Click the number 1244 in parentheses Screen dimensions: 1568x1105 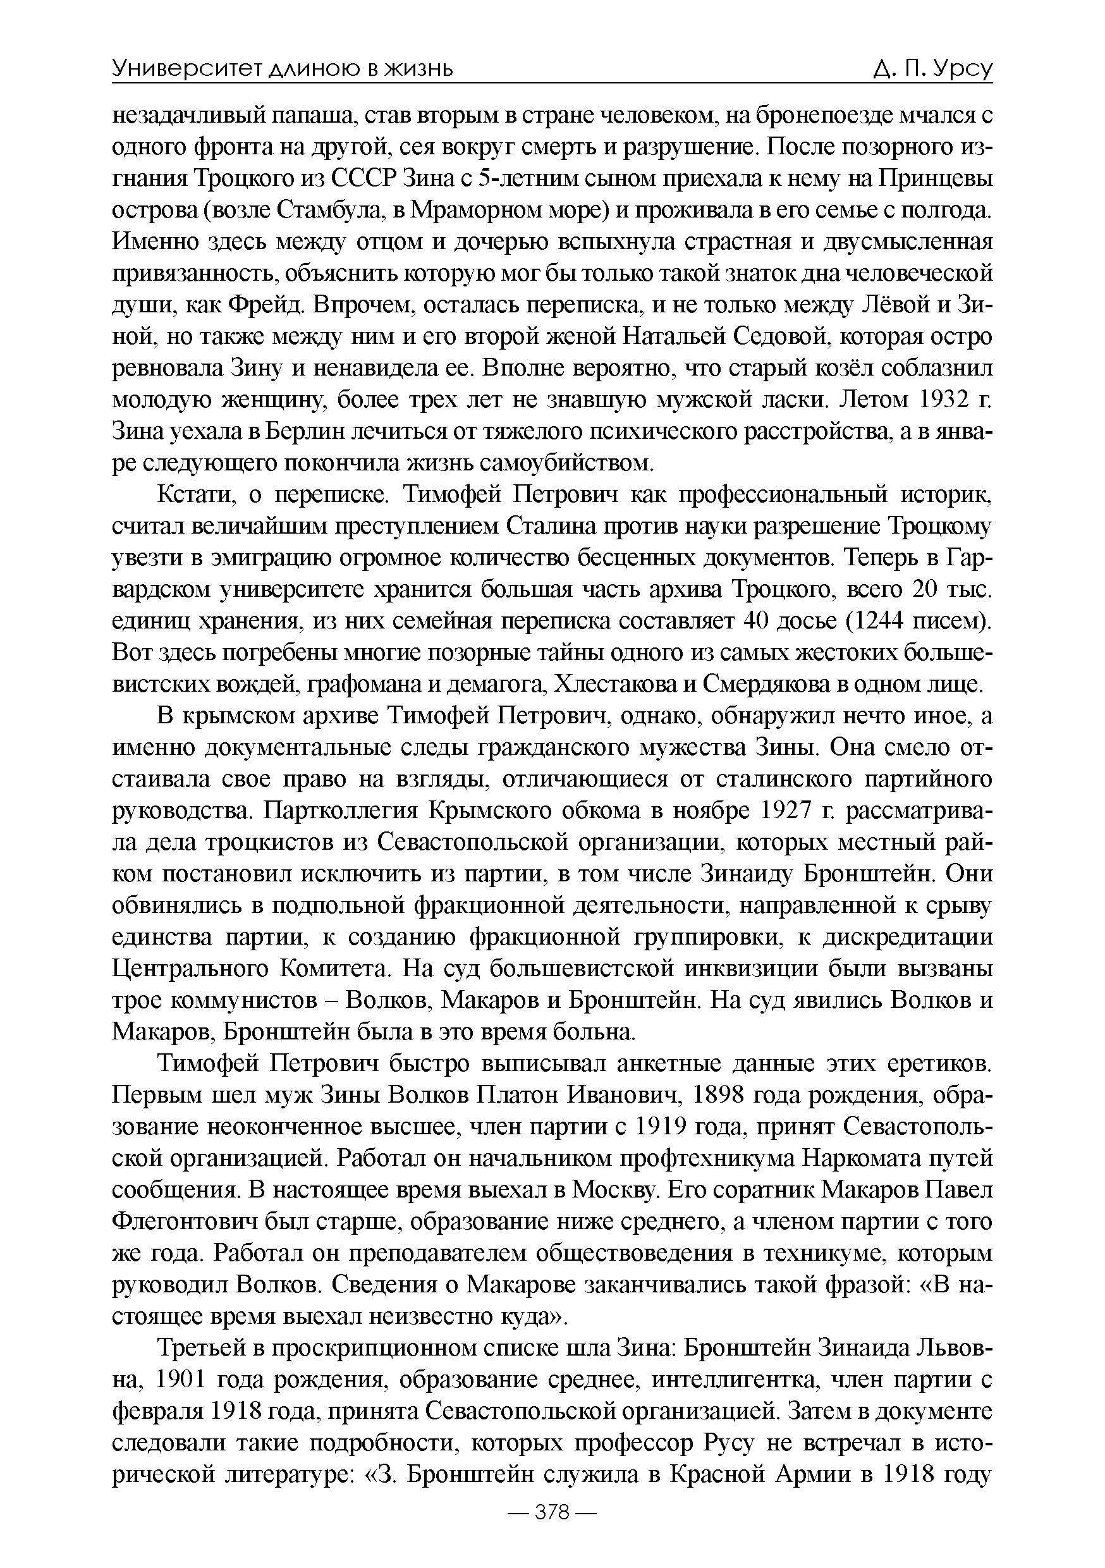point(883,622)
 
